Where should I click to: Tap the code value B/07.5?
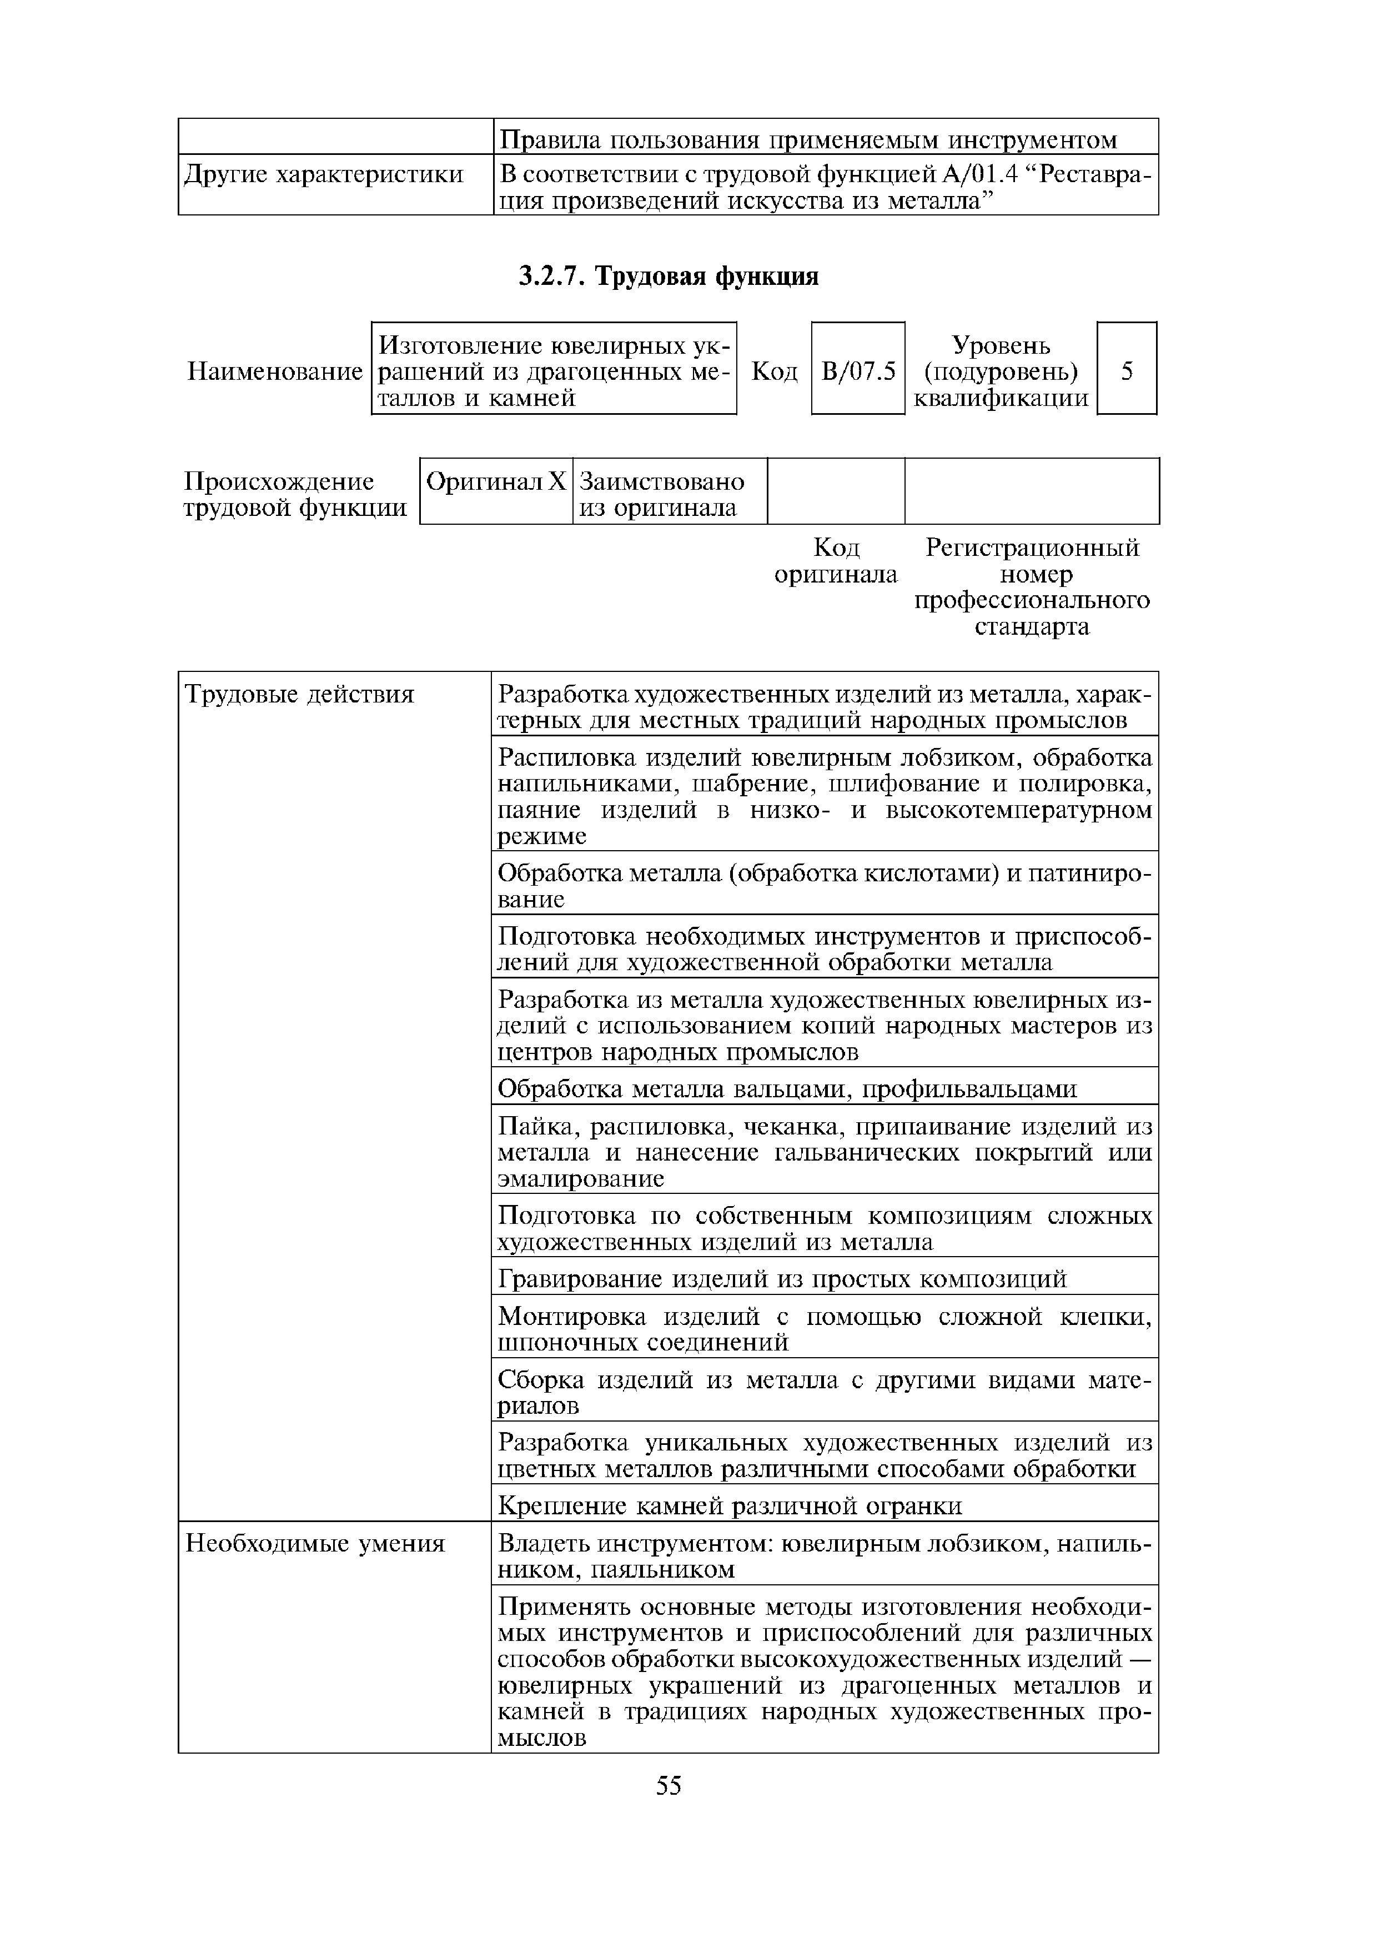[x=858, y=371]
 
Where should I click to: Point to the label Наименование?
[x=274, y=371]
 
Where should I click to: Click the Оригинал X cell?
[x=495, y=483]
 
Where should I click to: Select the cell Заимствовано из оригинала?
[x=662, y=495]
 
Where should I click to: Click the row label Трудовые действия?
[x=299, y=695]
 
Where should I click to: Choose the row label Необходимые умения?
[x=315, y=1543]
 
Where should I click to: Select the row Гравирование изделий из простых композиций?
[x=781, y=1279]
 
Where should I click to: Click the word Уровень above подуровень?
[x=1001, y=345]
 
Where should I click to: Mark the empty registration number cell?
[x=1031, y=490]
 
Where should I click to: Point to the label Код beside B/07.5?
[x=775, y=371]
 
